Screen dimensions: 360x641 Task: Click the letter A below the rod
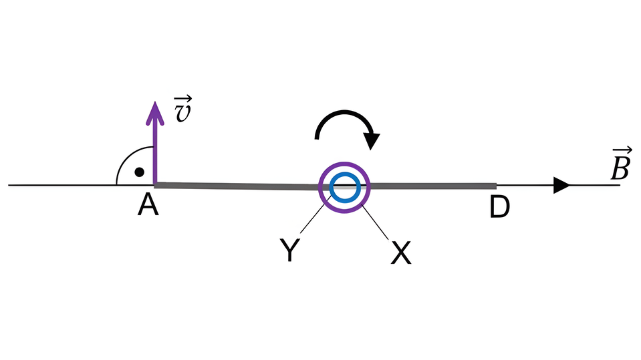pos(148,207)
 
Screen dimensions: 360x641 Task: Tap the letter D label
pos(499,208)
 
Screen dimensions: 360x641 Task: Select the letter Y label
pos(289,251)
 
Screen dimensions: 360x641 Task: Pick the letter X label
pos(400,252)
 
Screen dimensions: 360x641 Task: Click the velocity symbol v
pos(181,114)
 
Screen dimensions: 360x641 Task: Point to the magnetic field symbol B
pos(619,170)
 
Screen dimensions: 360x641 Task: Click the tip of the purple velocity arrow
pos(155,106)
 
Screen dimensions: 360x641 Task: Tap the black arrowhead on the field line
pos(562,186)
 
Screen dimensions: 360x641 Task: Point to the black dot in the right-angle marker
pos(139,172)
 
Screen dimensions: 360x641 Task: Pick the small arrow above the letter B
pos(620,152)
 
